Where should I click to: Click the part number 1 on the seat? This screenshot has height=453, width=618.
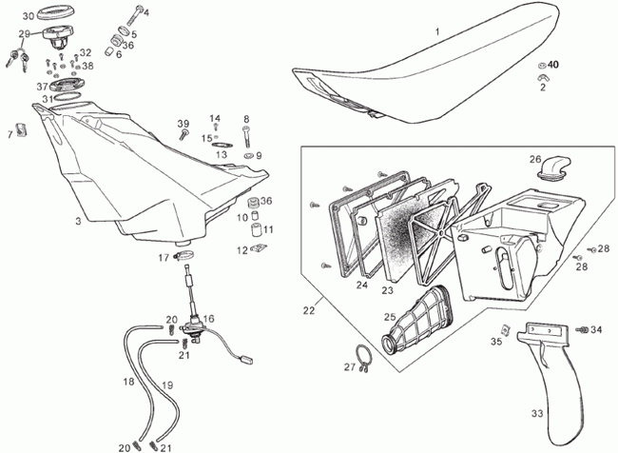437,31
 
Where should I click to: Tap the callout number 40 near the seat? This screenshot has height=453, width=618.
553,65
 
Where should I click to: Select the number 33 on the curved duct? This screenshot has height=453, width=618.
537,414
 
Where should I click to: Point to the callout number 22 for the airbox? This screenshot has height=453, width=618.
309,310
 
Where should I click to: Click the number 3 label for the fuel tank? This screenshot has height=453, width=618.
78,221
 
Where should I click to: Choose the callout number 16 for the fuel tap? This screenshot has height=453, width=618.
208,319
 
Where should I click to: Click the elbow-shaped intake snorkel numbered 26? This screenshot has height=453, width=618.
549,167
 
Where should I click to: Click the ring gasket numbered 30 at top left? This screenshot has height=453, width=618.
55,13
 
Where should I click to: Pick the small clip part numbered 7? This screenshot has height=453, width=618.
21,129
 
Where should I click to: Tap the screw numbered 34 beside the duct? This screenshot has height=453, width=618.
582,329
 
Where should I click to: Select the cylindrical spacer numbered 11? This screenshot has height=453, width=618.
257,229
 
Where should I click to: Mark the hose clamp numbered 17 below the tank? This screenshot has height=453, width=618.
183,256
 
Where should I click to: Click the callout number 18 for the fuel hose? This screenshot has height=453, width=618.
129,382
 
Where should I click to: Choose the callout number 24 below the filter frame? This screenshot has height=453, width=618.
362,285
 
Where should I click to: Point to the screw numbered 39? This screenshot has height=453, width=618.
183,134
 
